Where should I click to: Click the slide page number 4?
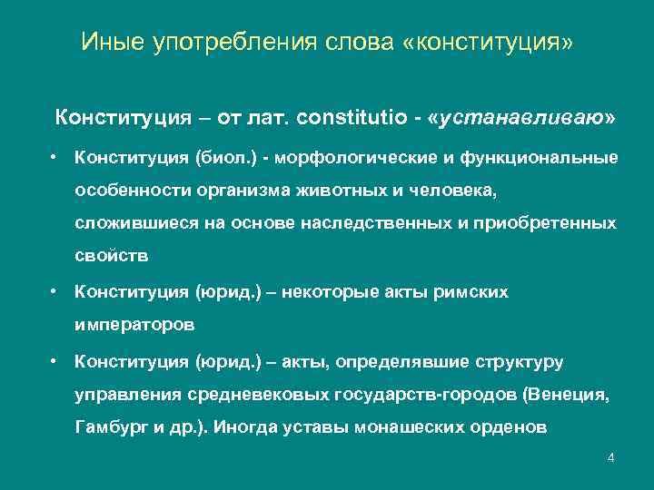click(610, 457)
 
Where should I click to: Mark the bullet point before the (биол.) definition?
click(56, 158)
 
